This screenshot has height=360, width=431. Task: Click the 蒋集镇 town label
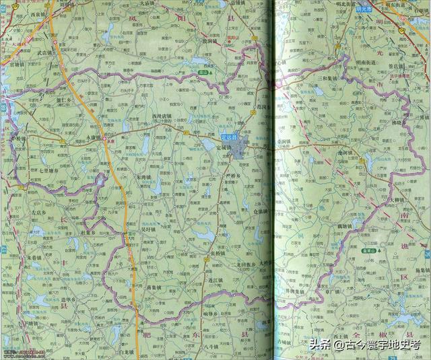156,287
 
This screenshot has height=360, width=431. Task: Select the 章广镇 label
332,293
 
